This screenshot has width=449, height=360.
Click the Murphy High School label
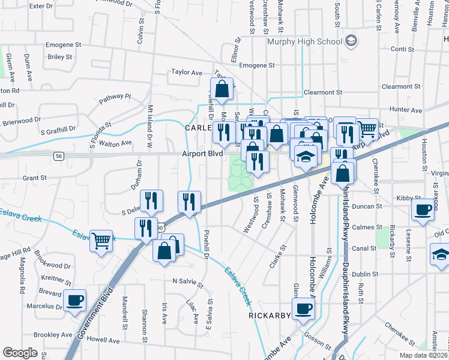(304, 41)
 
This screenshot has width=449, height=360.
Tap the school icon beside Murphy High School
(351, 41)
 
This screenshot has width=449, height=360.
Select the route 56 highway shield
(58, 155)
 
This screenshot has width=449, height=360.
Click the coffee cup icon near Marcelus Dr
(75, 300)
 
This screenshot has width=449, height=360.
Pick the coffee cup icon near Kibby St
(423, 209)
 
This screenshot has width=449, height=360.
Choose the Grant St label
(34, 178)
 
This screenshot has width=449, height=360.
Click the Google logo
(20, 353)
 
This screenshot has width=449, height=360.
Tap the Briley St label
(60, 57)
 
